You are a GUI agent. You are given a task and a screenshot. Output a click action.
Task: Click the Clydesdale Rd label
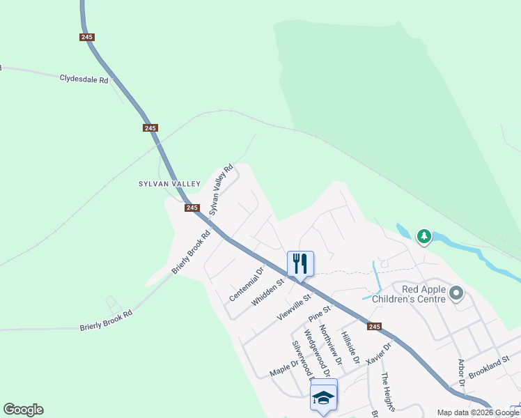point(84,79)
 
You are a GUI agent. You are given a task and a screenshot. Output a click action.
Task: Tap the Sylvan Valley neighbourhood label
point(169,184)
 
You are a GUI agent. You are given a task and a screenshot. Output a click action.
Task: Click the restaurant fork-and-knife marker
point(300,263)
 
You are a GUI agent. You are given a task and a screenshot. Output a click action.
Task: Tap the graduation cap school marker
point(323,396)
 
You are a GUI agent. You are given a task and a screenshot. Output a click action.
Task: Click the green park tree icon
point(423,237)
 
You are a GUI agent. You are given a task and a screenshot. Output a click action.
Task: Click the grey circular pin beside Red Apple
point(456,293)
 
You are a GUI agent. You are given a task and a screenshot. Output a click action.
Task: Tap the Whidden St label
point(269,292)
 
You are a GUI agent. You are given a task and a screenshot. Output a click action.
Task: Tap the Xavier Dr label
point(380,352)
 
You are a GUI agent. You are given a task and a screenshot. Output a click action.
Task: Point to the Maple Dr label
point(284,369)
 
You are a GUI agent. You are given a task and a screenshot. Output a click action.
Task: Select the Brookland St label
point(490,365)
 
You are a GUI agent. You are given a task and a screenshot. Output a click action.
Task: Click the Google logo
point(23,410)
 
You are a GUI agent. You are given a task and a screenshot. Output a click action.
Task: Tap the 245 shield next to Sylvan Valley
point(192,208)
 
